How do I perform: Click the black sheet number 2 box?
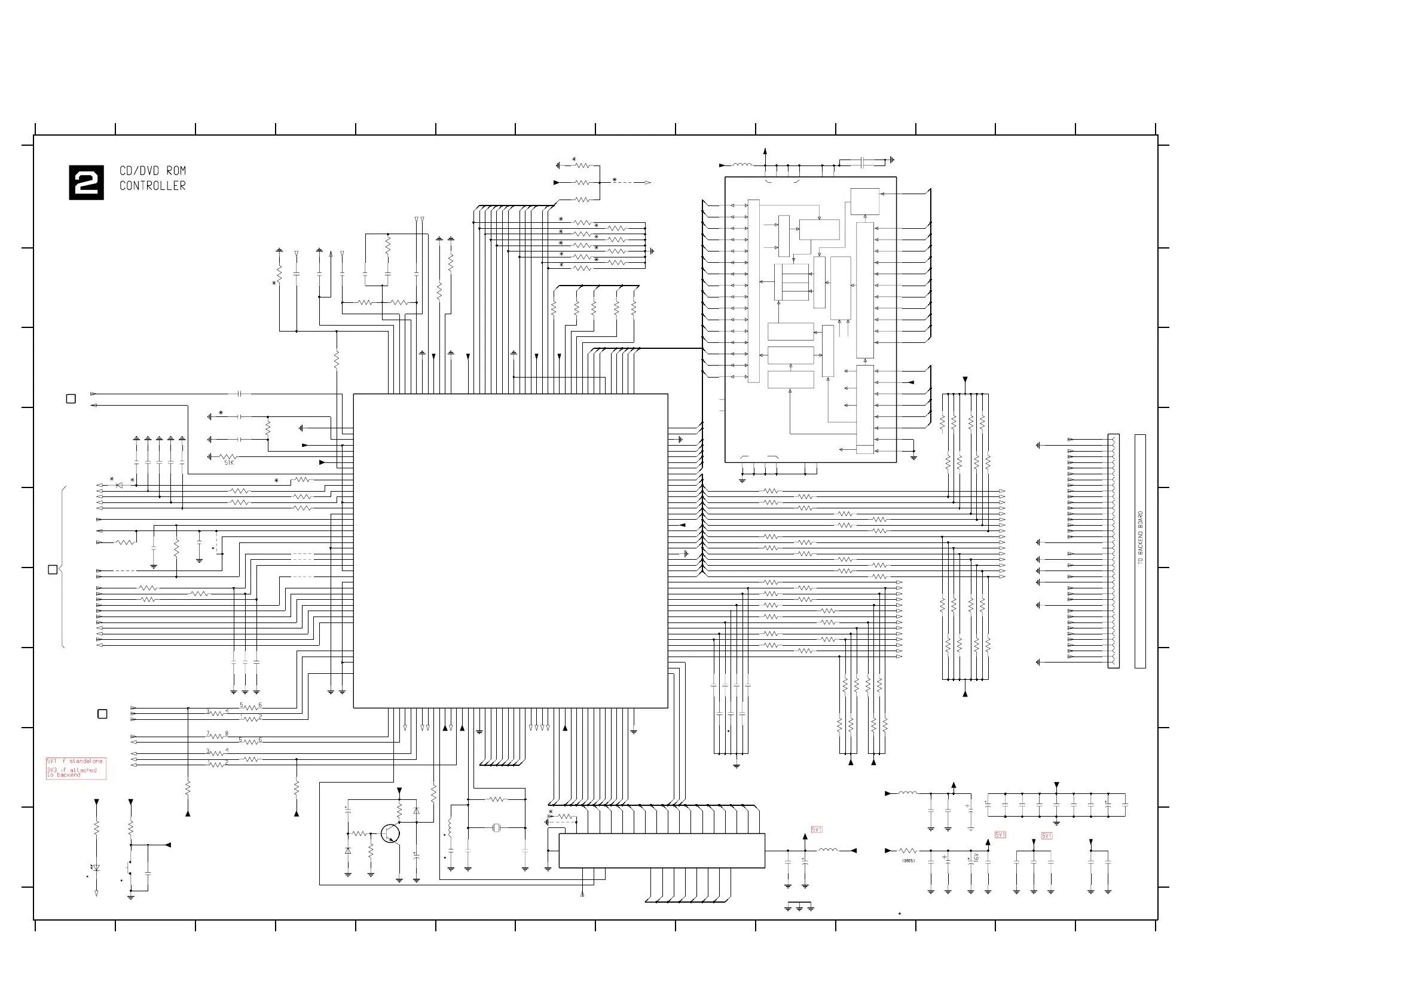point(86,183)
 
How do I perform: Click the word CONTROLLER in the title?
point(152,186)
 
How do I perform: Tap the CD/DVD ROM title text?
point(152,170)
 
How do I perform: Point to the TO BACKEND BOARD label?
point(1140,538)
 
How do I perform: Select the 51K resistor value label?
point(229,463)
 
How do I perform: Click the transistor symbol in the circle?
point(390,834)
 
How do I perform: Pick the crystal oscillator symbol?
point(496,828)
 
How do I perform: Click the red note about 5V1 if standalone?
point(76,768)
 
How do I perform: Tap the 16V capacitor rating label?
point(976,857)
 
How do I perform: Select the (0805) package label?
point(908,860)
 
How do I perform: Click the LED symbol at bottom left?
point(96,869)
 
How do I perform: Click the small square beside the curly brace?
point(53,570)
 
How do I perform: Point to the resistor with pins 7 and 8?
point(217,737)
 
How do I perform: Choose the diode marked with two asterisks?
point(120,485)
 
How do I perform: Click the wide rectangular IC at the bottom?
point(662,851)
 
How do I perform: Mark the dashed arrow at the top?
point(632,183)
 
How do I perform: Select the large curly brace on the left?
point(62,567)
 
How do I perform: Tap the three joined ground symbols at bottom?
point(799,907)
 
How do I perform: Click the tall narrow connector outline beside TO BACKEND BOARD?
point(1113,551)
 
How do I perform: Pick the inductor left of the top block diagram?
point(742,165)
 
